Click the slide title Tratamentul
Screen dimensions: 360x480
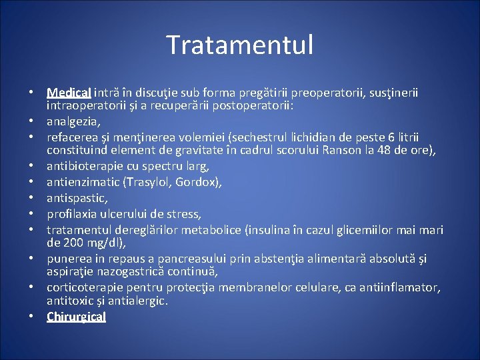point(239,45)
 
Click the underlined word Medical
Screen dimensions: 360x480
point(69,93)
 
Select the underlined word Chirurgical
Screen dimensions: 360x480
point(76,317)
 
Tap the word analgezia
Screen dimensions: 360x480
point(73,121)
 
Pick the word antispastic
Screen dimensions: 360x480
point(77,199)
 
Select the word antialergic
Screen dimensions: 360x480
point(139,301)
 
